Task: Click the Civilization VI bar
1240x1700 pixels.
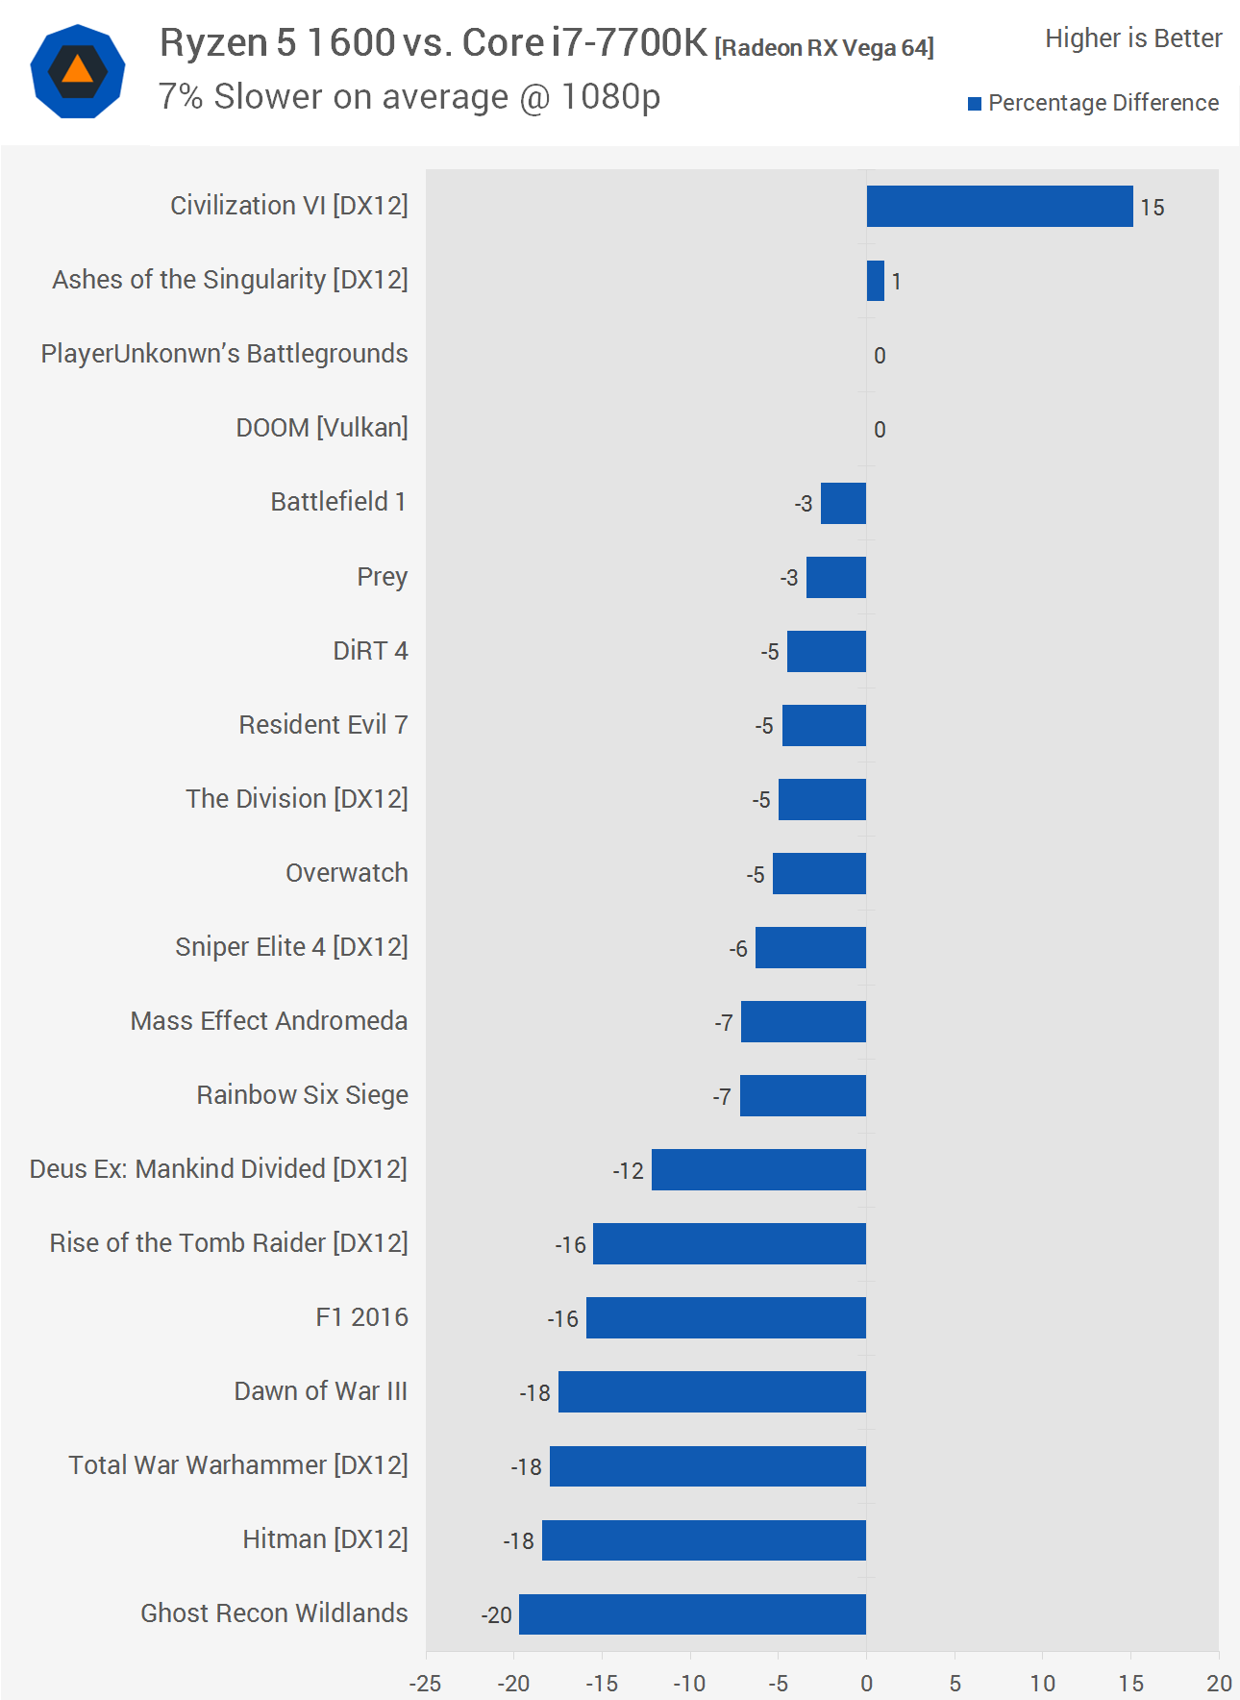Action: tap(1000, 206)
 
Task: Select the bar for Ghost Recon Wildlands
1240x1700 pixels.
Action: tap(692, 1613)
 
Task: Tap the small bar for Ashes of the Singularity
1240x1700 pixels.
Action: tap(875, 281)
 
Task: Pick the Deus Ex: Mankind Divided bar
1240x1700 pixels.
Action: tap(758, 1169)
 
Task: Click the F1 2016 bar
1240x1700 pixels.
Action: tap(726, 1317)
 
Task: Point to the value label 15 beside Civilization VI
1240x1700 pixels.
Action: tap(1152, 208)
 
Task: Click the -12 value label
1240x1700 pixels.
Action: tap(628, 1171)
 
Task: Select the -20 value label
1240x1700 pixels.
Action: tap(496, 1615)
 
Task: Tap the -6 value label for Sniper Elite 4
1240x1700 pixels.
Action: tap(737, 949)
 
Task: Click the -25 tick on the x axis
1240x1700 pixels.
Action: tap(425, 1683)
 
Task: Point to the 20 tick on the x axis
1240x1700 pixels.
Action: tap(1219, 1683)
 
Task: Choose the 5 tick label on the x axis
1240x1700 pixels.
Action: tap(955, 1683)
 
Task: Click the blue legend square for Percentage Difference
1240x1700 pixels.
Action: tap(975, 104)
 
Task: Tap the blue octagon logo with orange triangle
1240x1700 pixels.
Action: tap(78, 72)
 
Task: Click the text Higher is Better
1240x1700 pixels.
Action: tap(1133, 38)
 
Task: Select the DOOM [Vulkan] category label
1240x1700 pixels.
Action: tap(322, 428)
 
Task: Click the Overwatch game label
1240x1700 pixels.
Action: tap(346, 873)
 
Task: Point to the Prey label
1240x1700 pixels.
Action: tap(382, 577)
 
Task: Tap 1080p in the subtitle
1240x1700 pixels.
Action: tap(610, 97)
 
